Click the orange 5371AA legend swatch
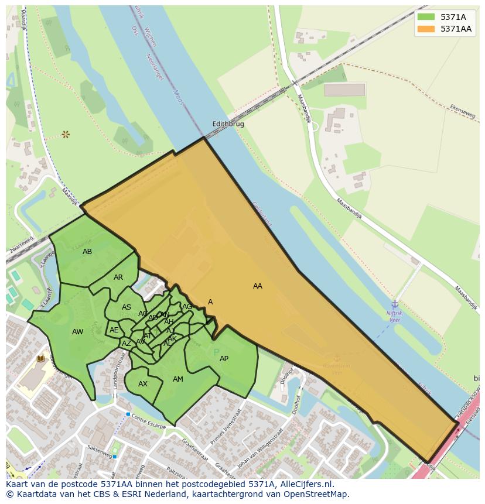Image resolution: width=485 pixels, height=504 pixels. (426, 29)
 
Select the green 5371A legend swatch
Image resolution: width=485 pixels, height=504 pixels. (426, 17)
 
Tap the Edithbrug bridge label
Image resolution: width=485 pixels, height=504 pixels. (228, 124)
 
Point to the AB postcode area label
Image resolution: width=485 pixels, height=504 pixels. (87, 252)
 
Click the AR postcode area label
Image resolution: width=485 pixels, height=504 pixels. (118, 277)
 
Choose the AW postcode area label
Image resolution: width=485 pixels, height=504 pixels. (77, 332)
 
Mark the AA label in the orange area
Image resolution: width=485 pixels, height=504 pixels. (258, 286)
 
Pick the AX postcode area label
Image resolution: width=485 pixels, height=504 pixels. (143, 384)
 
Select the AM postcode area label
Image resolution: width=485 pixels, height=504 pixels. (178, 379)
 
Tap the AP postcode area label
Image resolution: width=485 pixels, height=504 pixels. (224, 359)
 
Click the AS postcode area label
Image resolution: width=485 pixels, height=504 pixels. (127, 307)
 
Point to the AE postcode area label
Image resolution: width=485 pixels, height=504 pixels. (114, 330)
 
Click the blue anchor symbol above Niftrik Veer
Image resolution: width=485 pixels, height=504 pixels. (395, 304)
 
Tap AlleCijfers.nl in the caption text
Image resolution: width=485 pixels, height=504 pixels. (306, 484)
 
